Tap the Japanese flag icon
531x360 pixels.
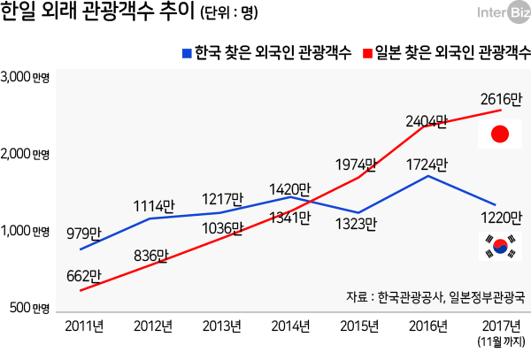point(500,134)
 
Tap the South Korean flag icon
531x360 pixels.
point(500,247)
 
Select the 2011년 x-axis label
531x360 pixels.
point(84,326)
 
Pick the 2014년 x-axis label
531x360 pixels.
point(291,326)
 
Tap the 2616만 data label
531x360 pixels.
point(499,96)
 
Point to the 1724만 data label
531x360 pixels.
point(427,164)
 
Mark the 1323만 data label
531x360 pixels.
point(358,226)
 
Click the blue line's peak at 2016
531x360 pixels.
point(428,176)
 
